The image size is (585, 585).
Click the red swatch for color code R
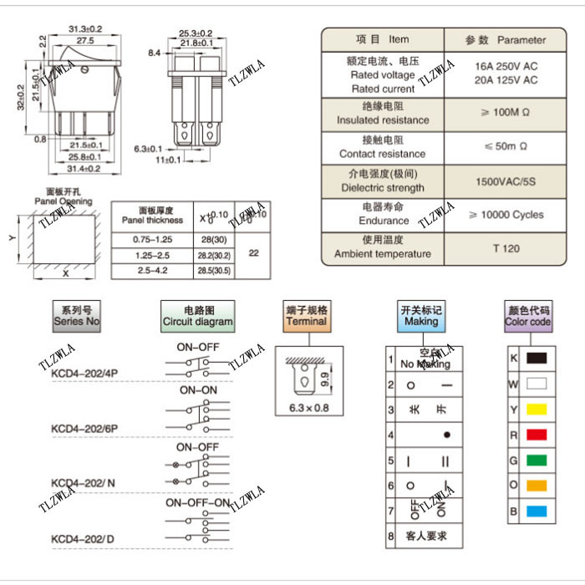(x=537, y=435)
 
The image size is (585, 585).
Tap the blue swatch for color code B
(x=537, y=510)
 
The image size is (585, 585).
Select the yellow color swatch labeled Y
(x=537, y=409)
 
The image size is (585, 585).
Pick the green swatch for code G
(x=537, y=460)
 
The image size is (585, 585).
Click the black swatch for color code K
(x=537, y=359)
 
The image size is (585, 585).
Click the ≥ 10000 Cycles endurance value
(x=505, y=215)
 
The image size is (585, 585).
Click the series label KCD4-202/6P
(x=84, y=429)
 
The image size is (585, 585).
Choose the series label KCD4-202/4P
(x=84, y=374)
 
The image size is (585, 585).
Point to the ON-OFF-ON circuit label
(x=197, y=503)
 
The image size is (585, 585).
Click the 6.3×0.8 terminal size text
(x=308, y=408)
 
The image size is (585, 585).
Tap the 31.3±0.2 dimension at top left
(x=84, y=28)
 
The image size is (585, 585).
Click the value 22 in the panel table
(x=254, y=254)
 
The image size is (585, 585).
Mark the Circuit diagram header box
(x=197, y=316)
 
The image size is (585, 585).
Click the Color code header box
(x=528, y=316)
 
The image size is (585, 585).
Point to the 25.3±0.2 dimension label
(x=195, y=33)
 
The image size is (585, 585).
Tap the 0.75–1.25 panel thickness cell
(x=151, y=239)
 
